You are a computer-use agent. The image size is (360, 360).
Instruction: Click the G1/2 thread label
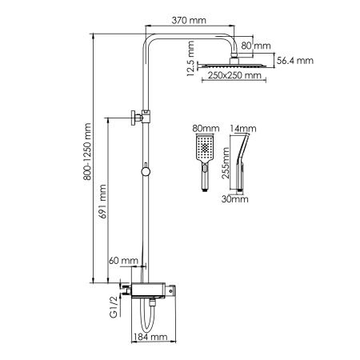coord(113,305)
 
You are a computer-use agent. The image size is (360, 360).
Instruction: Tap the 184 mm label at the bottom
coord(152,338)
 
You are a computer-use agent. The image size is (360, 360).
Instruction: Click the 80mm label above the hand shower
coord(205,128)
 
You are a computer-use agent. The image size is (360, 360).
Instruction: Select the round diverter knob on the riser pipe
coord(146,170)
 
